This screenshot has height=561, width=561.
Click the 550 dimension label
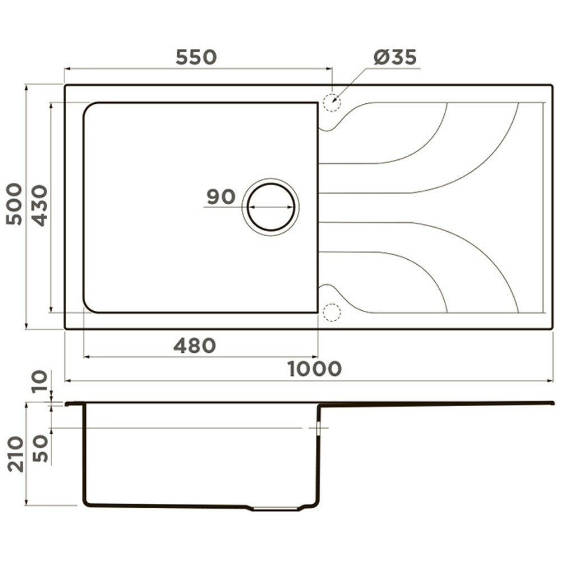pyautogui.click(x=196, y=57)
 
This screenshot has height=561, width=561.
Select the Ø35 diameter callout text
pyautogui.click(x=396, y=57)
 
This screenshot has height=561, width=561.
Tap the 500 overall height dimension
pyautogui.click(x=15, y=204)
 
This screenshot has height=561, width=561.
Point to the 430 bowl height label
pyautogui.click(x=39, y=205)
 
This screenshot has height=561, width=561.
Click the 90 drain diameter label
pyautogui.click(x=221, y=197)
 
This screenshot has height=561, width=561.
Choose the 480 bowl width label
pyautogui.click(x=195, y=346)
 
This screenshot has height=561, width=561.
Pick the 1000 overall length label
pyautogui.click(x=315, y=369)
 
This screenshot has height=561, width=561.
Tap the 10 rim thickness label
pyautogui.click(x=39, y=381)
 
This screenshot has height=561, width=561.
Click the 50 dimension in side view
pyautogui.click(x=40, y=449)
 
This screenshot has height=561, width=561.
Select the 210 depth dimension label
pyautogui.click(x=16, y=454)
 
